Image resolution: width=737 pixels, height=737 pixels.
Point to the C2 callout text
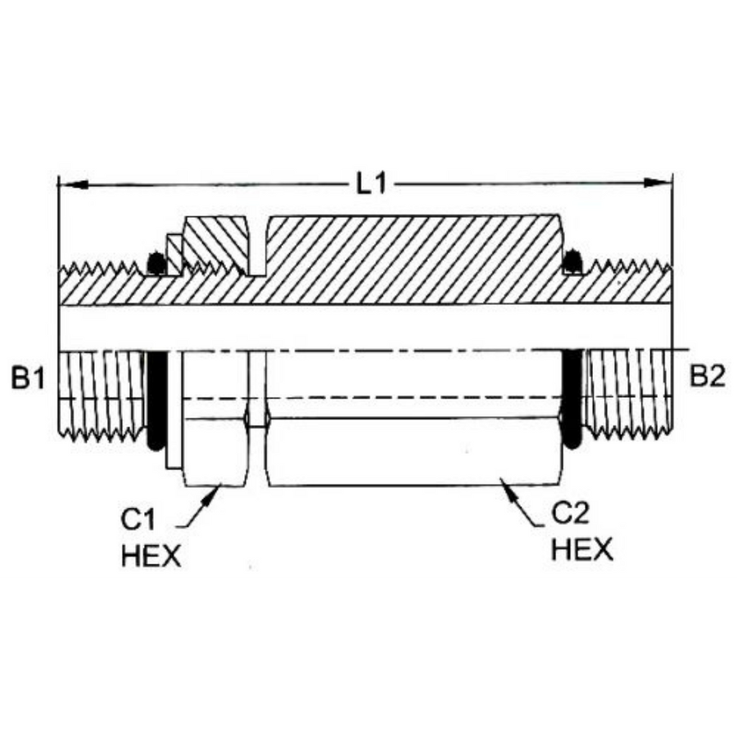[570, 513]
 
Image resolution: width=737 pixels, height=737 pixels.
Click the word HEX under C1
[151, 556]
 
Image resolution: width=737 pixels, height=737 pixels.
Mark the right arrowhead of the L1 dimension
[658, 183]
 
